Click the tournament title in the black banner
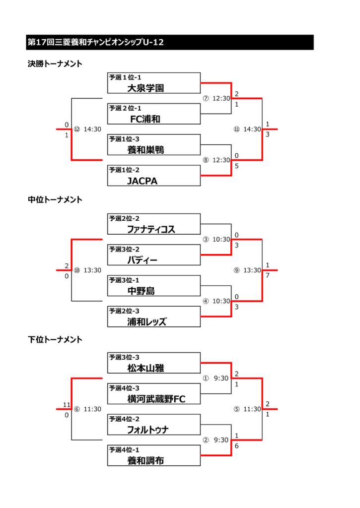[x=95, y=43]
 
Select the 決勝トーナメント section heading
[x=55, y=64]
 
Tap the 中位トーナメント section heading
[x=55, y=200]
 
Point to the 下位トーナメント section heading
[x=55, y=339]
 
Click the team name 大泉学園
[x=145, y=88]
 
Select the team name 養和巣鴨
[x=145, y=150]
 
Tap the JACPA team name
[x=142, y=181]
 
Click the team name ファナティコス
[x=151, y=229]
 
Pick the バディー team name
[x=142, y=260]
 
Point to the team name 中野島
[x=141, y=291]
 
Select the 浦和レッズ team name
[x=146, y=322]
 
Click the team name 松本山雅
[x=145, y=368]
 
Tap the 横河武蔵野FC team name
[x=156, y=399]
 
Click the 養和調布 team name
[x=145, y=461]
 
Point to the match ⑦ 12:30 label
[x=216, y=98]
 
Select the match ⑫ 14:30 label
[x=87, y=129]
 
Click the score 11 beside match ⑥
[x=67, y=405]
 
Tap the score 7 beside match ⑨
[x=268, y=275]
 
